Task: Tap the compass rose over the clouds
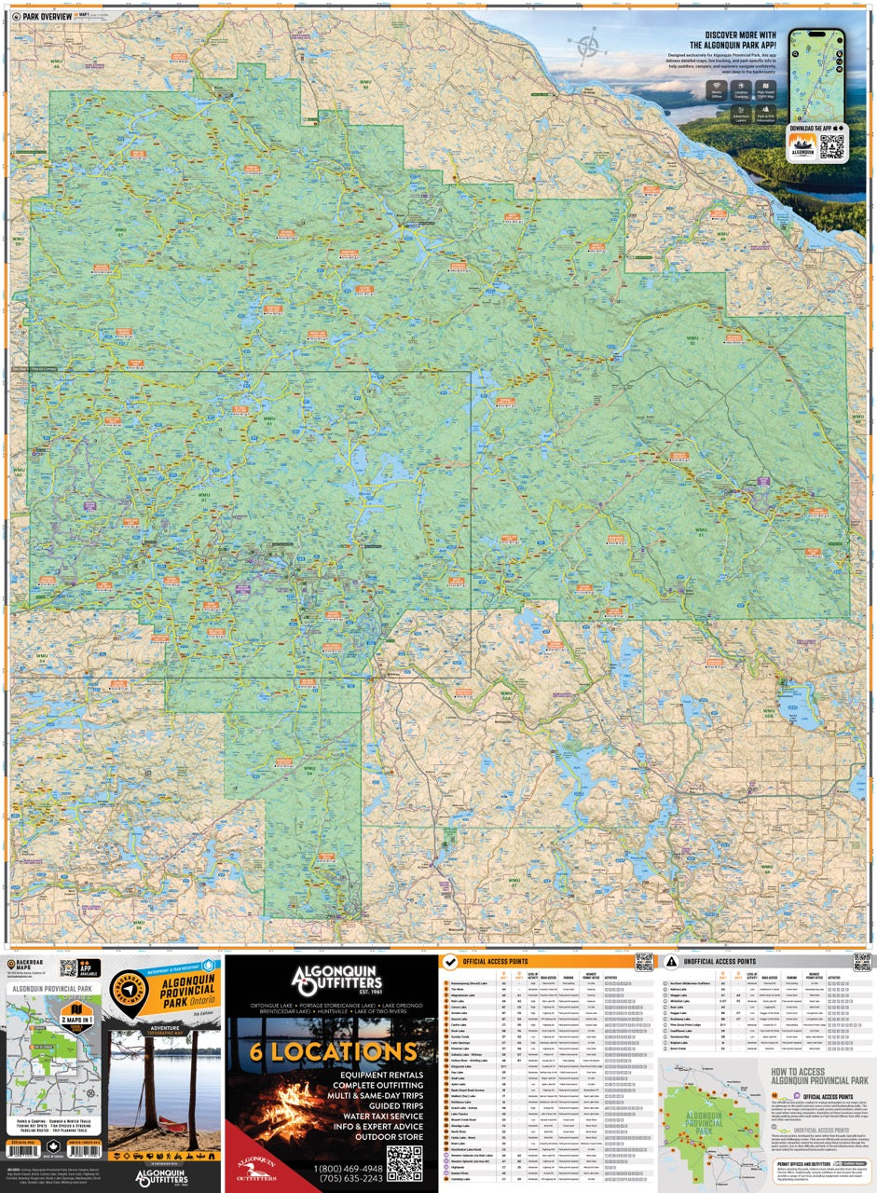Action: [588, 44]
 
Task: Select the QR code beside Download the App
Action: [833, 146]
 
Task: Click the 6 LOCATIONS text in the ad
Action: [332, 1051]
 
